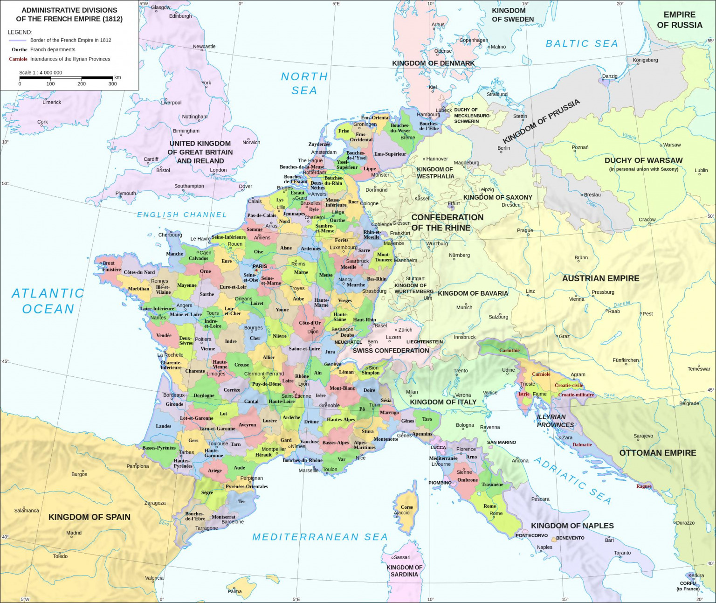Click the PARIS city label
point(260,266)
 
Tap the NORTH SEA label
point(304,83)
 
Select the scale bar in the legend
point(66,77)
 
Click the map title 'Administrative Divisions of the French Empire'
point(69,14)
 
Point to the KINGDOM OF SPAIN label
point(89,517)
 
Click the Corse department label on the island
point(406,507)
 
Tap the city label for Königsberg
point(645,60)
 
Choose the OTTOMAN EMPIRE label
point(657,453)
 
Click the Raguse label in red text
point(644,486)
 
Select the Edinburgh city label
point(180,16)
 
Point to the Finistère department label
point(111,270)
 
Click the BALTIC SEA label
point(582,43)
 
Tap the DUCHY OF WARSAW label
point(643,160)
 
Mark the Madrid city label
point(74,533)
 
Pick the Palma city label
point(234,591)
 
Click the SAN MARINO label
point(501,442)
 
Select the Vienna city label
point(576,299)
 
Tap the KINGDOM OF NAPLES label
point(572,526)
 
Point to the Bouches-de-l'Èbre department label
point(195,516)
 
